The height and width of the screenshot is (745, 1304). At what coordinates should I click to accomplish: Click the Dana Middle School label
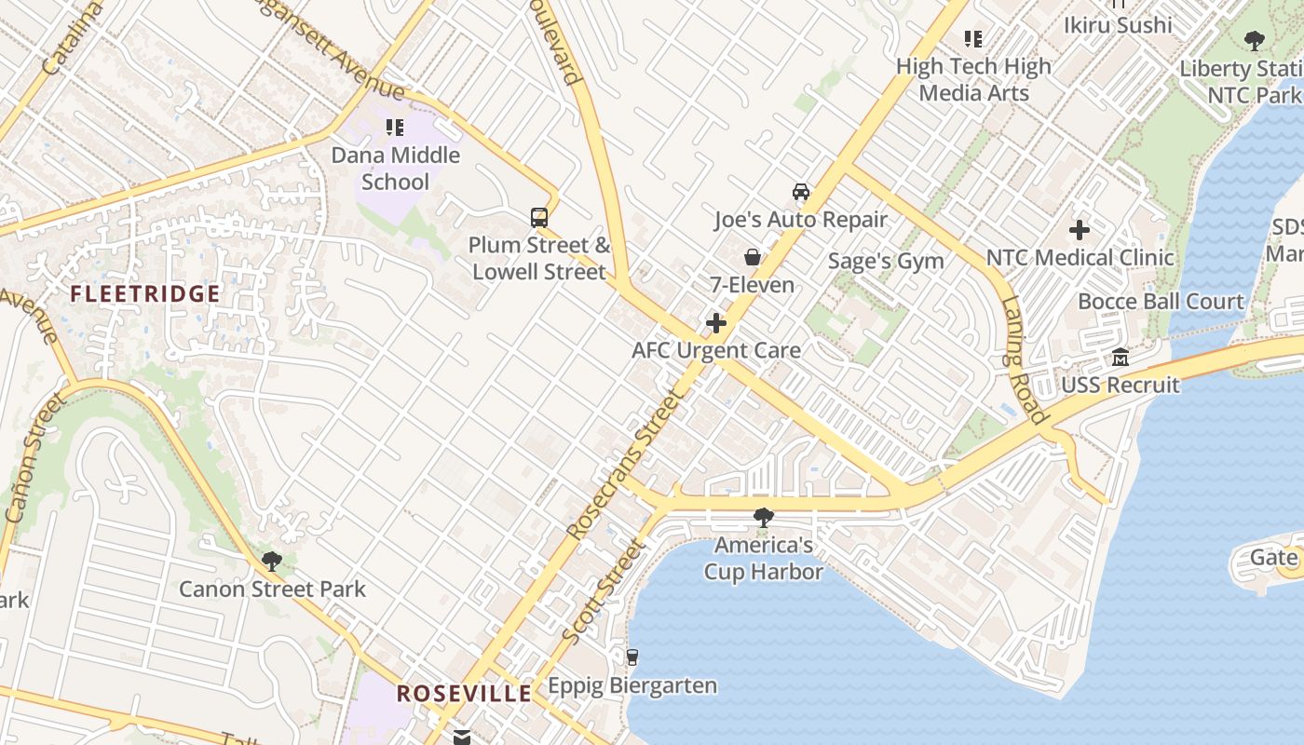396,168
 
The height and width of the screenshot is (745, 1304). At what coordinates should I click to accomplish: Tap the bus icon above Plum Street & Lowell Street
539,218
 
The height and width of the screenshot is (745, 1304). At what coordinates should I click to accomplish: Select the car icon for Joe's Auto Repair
800,192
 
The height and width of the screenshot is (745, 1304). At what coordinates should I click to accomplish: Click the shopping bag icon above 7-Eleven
753,257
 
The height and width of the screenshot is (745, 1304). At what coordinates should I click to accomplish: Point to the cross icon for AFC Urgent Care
716,323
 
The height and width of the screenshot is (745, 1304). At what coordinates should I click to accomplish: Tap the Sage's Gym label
886,261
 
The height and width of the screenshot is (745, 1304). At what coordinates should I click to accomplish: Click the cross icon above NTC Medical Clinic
1080,229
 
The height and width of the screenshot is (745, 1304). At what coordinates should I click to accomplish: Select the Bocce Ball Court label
1161,301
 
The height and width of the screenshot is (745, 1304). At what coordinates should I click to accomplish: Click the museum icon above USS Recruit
1121,358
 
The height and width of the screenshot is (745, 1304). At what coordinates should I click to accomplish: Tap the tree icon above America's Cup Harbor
763,517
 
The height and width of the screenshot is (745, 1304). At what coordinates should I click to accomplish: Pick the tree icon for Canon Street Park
272,561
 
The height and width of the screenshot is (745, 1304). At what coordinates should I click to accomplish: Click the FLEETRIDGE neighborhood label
145,294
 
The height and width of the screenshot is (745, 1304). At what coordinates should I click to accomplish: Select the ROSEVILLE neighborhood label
464,693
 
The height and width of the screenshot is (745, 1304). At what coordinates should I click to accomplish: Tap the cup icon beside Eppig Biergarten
632,657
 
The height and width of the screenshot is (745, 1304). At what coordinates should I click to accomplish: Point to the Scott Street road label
603,591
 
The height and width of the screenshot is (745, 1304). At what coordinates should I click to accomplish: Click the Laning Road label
1025,359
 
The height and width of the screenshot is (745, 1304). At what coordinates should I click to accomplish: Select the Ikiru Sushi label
1118,25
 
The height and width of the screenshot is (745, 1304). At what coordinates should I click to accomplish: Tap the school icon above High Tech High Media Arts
973,39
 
